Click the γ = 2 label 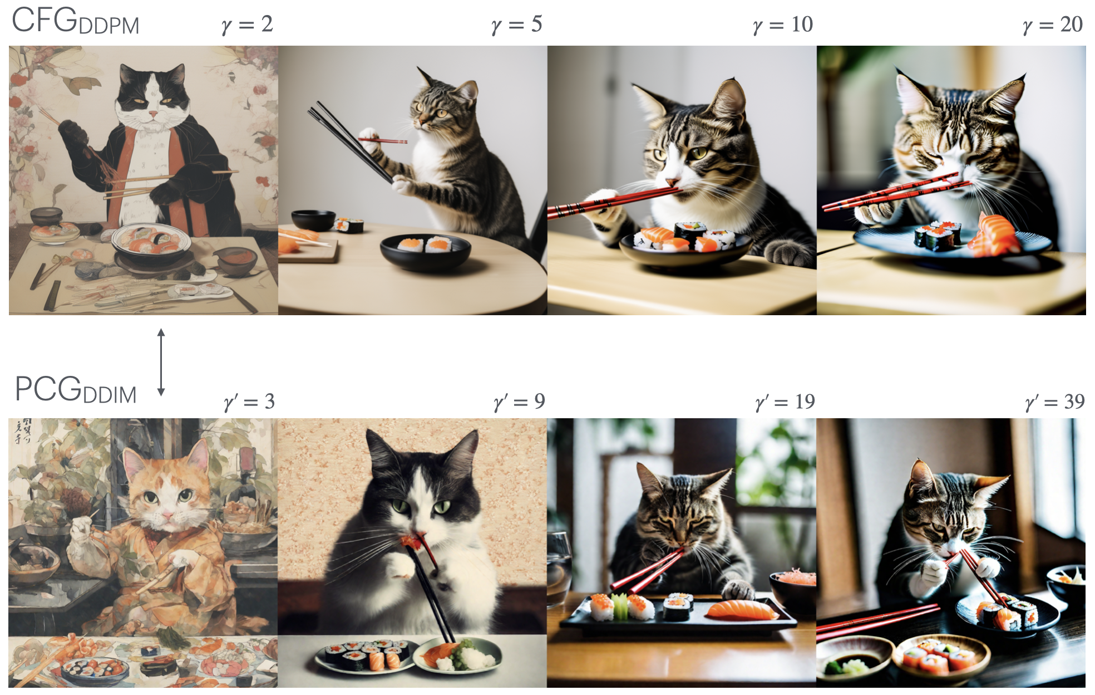247,25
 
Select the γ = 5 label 517,25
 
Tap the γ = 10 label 783,25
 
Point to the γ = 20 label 1053,25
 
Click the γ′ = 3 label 249,402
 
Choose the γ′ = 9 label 519,402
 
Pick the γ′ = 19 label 785,402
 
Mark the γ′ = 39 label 1055,402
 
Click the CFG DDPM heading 75,21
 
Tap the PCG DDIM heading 76,389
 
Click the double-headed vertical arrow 161,362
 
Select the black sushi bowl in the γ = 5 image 425,252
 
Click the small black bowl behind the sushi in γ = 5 313,219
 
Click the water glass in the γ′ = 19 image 559,568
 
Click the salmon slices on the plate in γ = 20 996,234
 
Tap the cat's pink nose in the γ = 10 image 672,182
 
